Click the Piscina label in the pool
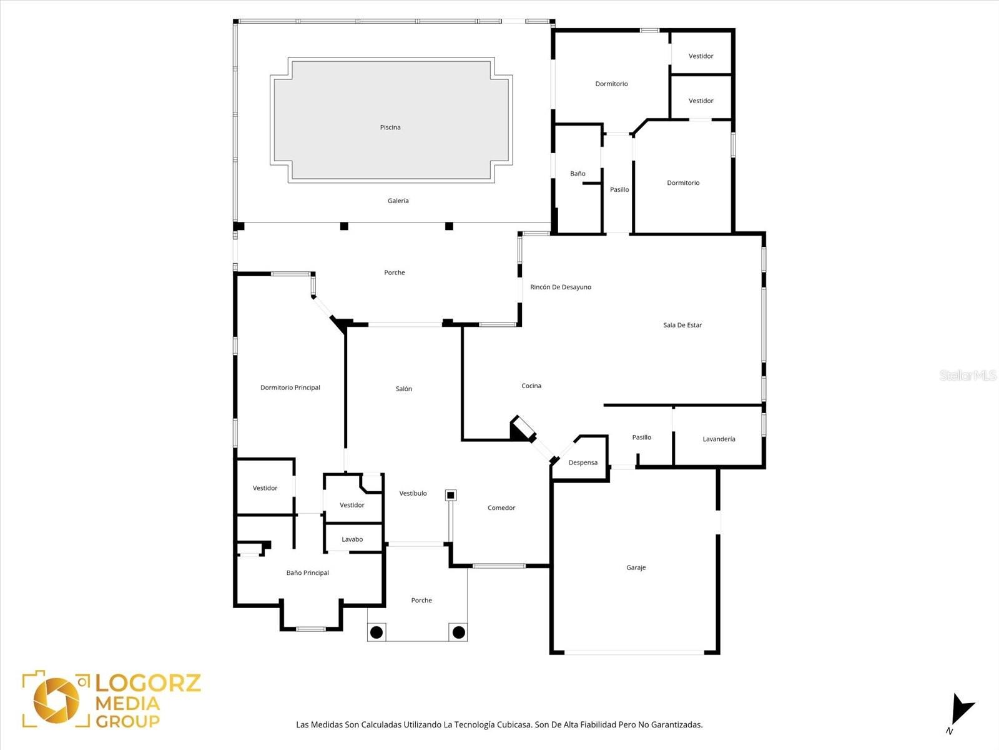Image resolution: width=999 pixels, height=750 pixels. point(390,127)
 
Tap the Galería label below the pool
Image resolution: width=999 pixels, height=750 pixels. point(398,201)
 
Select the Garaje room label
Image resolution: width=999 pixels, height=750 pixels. point(636,567)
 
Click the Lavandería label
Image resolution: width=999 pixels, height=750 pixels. point(719,439)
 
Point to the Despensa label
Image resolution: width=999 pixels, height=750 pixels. point(583,462)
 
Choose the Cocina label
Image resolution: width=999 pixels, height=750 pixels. point(531,386)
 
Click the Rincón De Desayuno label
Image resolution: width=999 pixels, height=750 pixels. point(560,287)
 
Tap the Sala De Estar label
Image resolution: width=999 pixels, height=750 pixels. point(682,325)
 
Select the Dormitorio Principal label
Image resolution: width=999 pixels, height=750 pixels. point(290,387)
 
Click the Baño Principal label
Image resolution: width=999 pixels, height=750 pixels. point(307,572)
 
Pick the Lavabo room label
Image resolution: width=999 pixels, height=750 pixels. point(352,539)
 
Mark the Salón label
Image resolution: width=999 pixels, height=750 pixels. point(403,389)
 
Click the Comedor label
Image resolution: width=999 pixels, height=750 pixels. point(501,508)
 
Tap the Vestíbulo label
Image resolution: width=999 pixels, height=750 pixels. point(413,493)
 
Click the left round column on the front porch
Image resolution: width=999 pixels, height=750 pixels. point(376,632)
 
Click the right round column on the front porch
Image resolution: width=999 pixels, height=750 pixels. point(458,632)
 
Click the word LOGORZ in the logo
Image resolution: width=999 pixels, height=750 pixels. point(148,682)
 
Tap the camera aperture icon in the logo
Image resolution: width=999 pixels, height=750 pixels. point(56,699)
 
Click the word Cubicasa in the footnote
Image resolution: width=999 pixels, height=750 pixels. point(514,725)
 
